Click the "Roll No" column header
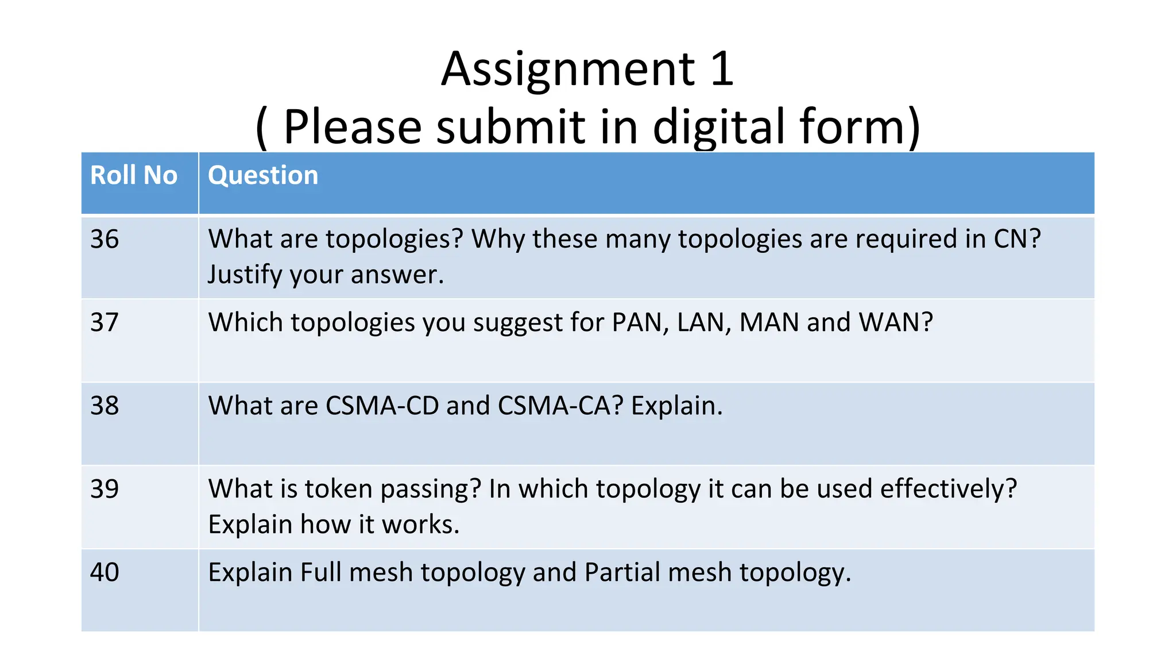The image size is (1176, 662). click(134, 175)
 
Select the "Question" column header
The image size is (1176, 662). click(263, 175)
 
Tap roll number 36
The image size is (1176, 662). click(105, 239)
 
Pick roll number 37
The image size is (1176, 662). click(105, 322)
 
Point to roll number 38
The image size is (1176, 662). click(105, 406)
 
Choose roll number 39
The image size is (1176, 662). click(105, 489)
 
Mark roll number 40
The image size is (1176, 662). click(105, 572)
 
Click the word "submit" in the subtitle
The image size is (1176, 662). click(510, 127)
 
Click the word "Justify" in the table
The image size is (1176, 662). click(245, 275)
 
